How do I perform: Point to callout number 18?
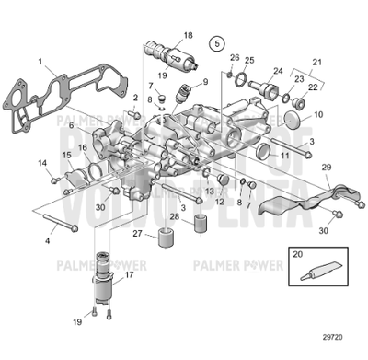point(188,35)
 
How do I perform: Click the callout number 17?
point(129,273)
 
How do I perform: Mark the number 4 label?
point(48,240)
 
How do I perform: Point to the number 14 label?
point(42,163)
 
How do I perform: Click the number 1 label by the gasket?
point(41,61)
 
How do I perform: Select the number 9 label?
point(204,82)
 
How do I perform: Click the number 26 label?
point(234,58)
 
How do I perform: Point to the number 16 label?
point(83,147)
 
